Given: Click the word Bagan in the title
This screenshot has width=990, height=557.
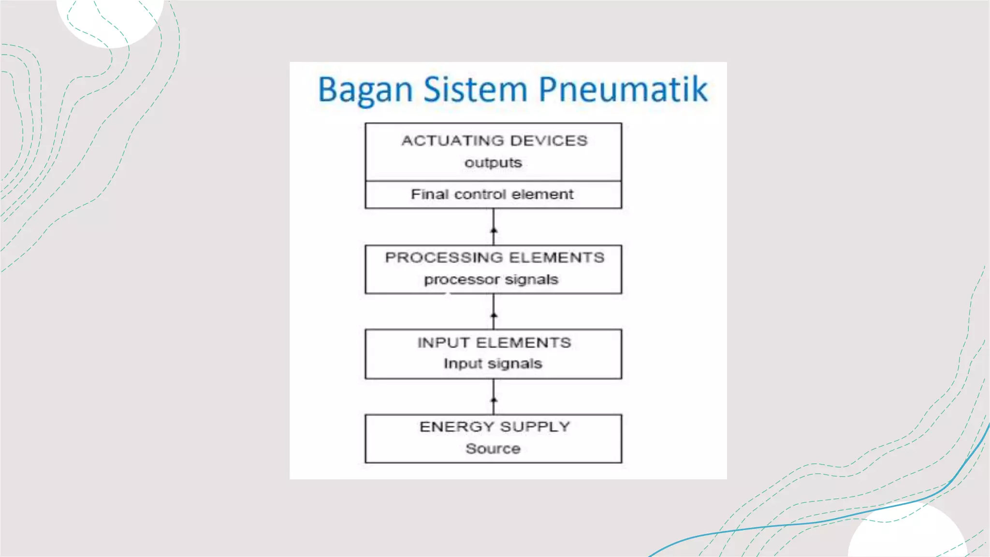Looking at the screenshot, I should pyautogui.click(x=365, y=90).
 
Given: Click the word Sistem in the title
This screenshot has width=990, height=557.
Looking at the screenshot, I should pyautogui.click(x=475, y=90).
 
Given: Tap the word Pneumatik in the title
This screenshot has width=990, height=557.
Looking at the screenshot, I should pyautogui.click(x=623, y=90).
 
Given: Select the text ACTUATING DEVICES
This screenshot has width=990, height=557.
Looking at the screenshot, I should pyautogui.click(x=494, y=141).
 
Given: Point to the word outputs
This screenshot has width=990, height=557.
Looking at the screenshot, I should pyautogui.click(x=493, y=163).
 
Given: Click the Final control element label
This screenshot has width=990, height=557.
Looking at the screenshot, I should pyautogui.click(x=492, y=194).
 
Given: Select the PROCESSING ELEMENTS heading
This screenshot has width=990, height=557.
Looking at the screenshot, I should pyautogui.click(x=495, y=258).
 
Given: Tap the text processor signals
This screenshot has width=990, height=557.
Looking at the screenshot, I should pyautogui.click(x=491, y=279).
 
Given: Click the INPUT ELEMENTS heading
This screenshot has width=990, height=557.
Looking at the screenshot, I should pyautogui.click(x=494, y=343).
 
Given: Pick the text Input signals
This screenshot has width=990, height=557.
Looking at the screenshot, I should pyautogui.click(x=493, y=364).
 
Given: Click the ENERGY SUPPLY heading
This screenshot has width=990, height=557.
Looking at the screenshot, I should pyautogui.click(x=495, y=427).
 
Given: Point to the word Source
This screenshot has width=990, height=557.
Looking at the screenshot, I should pyautogui.click(x=493, y=449).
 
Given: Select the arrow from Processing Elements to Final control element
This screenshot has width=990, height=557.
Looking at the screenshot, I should pyautogui.click(x=494, y=227).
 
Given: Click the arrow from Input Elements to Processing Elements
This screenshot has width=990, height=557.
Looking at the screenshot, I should pyautogui.click(x=494, y=312).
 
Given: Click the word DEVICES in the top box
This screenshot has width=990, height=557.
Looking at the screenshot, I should pyautogui.click(x=549, y=141).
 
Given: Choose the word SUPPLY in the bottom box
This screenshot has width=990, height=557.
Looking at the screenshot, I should pyautogui.click(x=535, y=427).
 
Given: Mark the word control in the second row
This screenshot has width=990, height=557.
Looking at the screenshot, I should pyautogui.click(x=480, y=194).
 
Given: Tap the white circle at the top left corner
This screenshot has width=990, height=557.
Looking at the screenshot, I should pyautogui.click(x=110, y=19).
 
